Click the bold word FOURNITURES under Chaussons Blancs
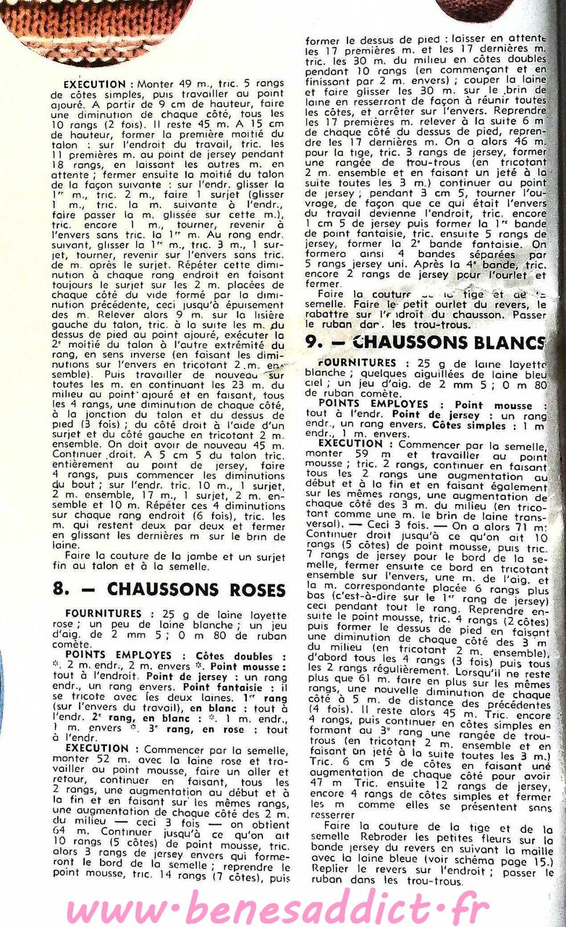click(358, 363)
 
